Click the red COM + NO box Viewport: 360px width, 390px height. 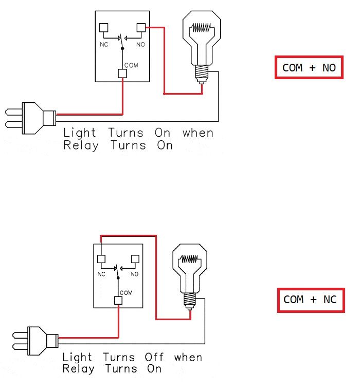coord(309,67)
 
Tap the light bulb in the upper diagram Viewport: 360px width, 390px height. coord(202,44)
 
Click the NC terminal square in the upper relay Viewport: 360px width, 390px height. coord(103,28)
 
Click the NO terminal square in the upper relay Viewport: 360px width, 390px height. coord(141,28)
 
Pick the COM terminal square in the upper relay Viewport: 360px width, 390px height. coord(122,73)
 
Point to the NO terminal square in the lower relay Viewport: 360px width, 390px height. coord(136,259)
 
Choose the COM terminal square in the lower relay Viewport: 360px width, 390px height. coord(118,301)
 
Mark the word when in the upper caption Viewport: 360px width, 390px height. coord(197,133)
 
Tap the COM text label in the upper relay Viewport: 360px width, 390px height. coord(131,65)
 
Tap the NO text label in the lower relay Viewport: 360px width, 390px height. coord(135,274)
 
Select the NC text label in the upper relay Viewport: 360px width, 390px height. coord(103,45)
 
